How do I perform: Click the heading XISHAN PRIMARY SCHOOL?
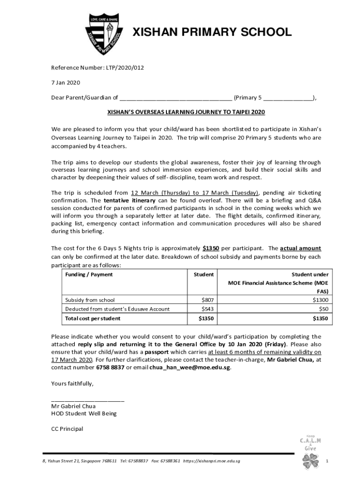212,32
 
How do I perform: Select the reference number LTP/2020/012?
125,68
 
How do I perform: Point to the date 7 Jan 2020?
65,83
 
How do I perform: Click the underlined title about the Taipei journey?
186,113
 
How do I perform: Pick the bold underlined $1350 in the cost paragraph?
211,248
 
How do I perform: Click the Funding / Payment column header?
89,275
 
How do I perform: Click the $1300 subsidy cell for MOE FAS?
321,300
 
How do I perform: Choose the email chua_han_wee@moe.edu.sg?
190,367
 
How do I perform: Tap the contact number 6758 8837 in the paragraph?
110,367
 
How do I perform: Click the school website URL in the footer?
212,462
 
